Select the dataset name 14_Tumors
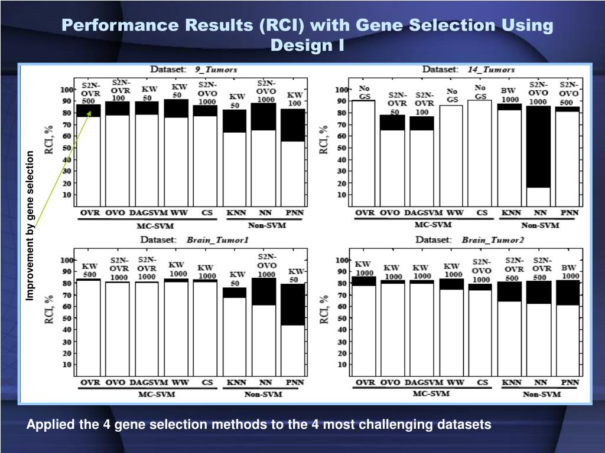coord(491,69)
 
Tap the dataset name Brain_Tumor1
coord(217,240)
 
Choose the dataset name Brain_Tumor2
coord(493,240)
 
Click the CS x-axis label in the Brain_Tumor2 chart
coord(482,382)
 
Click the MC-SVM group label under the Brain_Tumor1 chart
coord(157,394)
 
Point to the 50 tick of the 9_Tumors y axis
coord(67,147)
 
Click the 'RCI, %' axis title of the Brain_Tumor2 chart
coord(324,310)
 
